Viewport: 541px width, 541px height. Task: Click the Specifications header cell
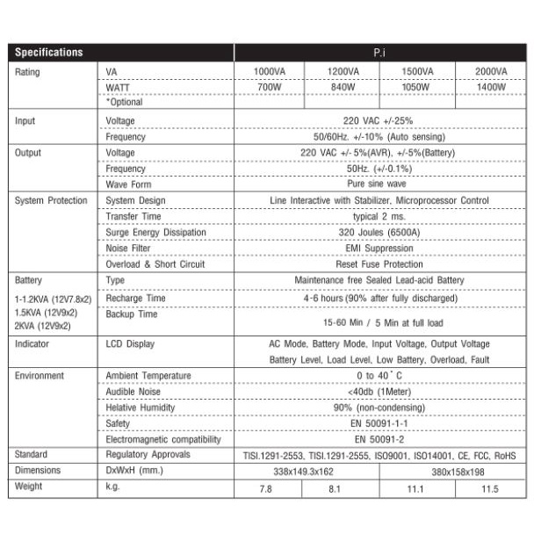[x=50, y=53]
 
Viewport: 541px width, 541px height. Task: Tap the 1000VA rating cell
[x=267, y=71]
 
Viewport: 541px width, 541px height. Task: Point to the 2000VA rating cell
[x=490, y=71]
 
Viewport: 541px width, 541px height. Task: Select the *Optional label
[x=124, y=103]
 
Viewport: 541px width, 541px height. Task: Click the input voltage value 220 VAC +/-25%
[x=379, y=120]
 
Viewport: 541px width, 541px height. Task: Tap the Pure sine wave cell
[x=379, y=184]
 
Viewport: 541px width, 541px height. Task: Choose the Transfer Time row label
[x=133, y=216]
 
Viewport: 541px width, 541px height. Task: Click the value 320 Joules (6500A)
[x=379, y=232]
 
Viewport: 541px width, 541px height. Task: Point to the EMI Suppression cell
[x=379, y=248]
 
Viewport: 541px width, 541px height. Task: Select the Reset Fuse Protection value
[x=379, y=263]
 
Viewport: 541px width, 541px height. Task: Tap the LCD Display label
[x=130, y=344]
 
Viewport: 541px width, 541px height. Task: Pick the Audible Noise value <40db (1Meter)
[x=379, y=392]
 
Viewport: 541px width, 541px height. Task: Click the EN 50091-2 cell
[x=379, y=439]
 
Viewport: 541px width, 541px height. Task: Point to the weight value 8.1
[x=334, y=488]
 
